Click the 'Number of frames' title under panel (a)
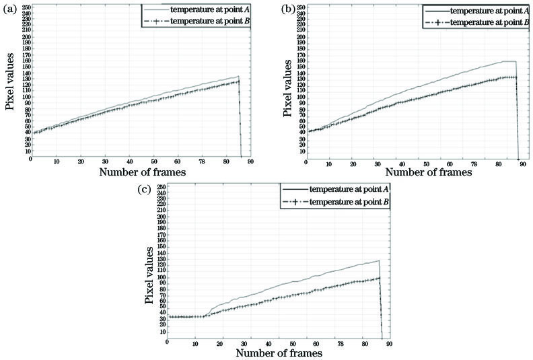[142, 173]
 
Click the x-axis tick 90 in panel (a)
[250, 161]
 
